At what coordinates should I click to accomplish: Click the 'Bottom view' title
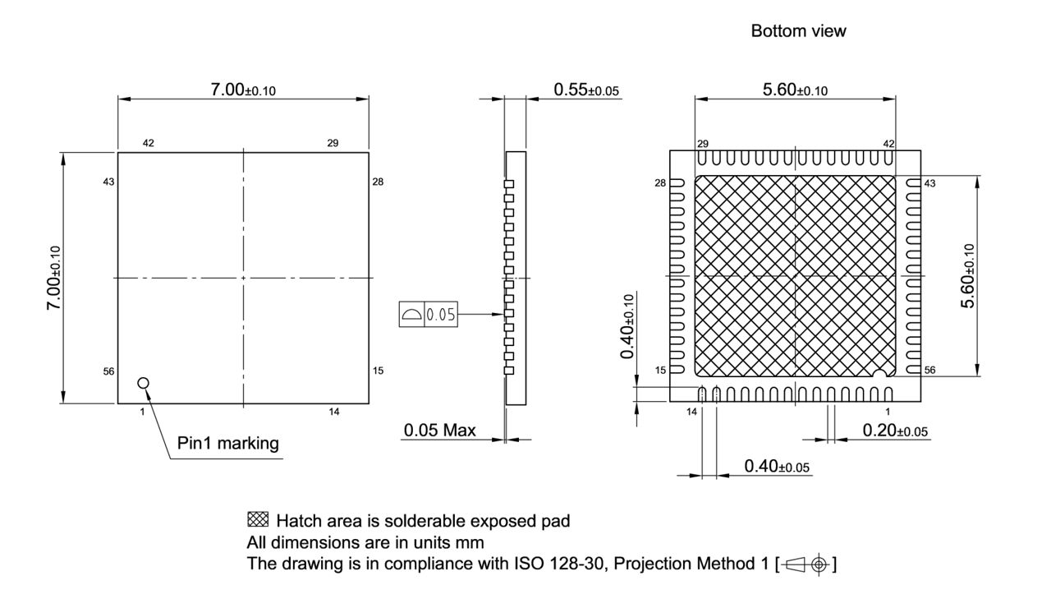coord(798,31)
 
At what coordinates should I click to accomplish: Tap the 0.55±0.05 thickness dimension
coord(586,90)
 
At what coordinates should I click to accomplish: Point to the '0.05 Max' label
coord(439,431)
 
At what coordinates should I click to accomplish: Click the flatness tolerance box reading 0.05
coord(429,314)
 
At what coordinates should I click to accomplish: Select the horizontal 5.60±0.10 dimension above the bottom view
coord(795,90)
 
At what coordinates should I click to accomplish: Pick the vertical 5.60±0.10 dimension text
coord(969,276)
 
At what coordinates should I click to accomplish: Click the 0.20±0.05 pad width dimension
coord(896,431)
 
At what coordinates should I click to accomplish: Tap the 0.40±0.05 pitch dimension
coord(776,467)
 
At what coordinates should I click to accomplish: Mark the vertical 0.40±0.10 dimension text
coord(628,326)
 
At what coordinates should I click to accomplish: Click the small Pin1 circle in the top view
coord(144,383)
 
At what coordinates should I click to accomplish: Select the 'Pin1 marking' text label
coord(228,444)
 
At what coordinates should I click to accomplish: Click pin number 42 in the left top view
coord(149,143)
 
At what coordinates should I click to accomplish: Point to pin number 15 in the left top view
coord(378,371)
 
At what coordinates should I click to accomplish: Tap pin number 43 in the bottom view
coord(929,182)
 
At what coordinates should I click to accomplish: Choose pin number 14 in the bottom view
coord(691,410)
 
